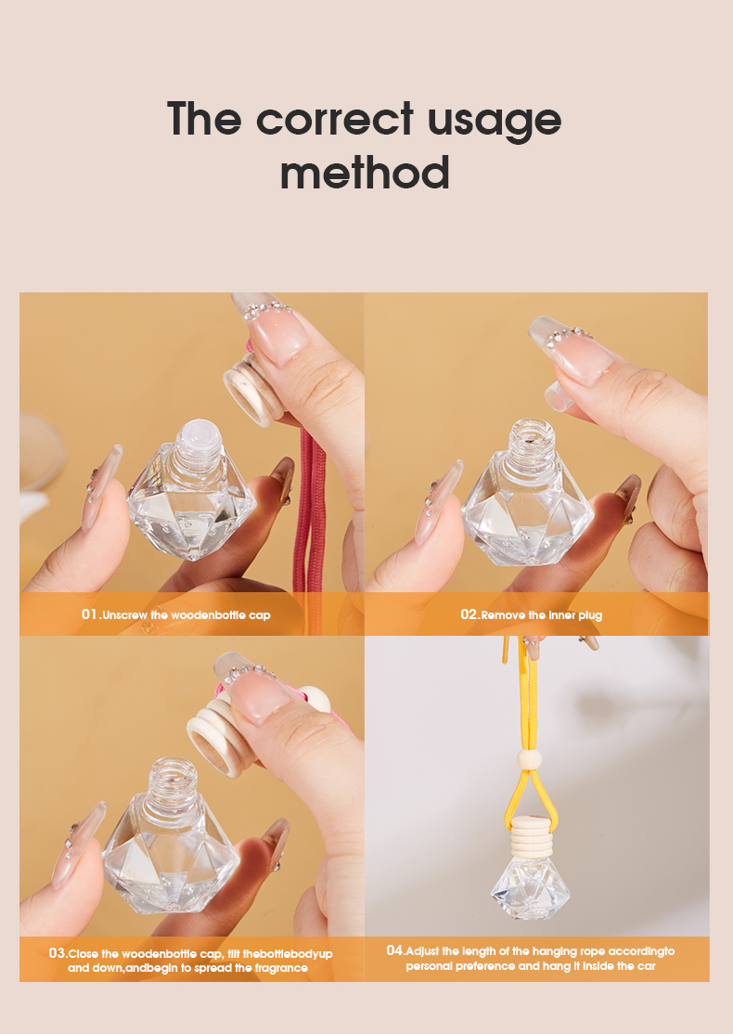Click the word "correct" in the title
point(335,120)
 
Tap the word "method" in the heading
point(365,174)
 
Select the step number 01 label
point(89,614)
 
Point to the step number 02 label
point(469,614)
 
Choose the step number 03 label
point(57,953)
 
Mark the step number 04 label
point(395,950)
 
